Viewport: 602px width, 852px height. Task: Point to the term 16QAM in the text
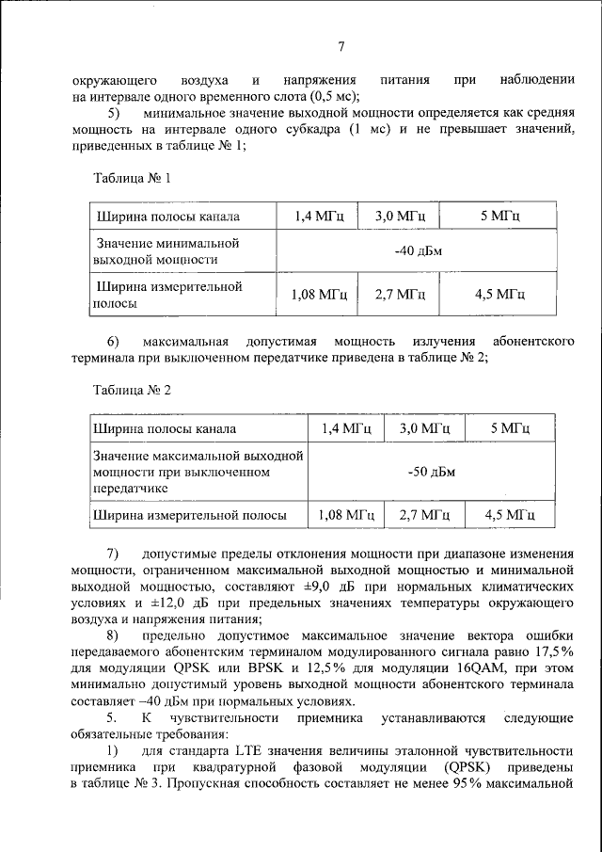pyautogui.click(x=430, y=668)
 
